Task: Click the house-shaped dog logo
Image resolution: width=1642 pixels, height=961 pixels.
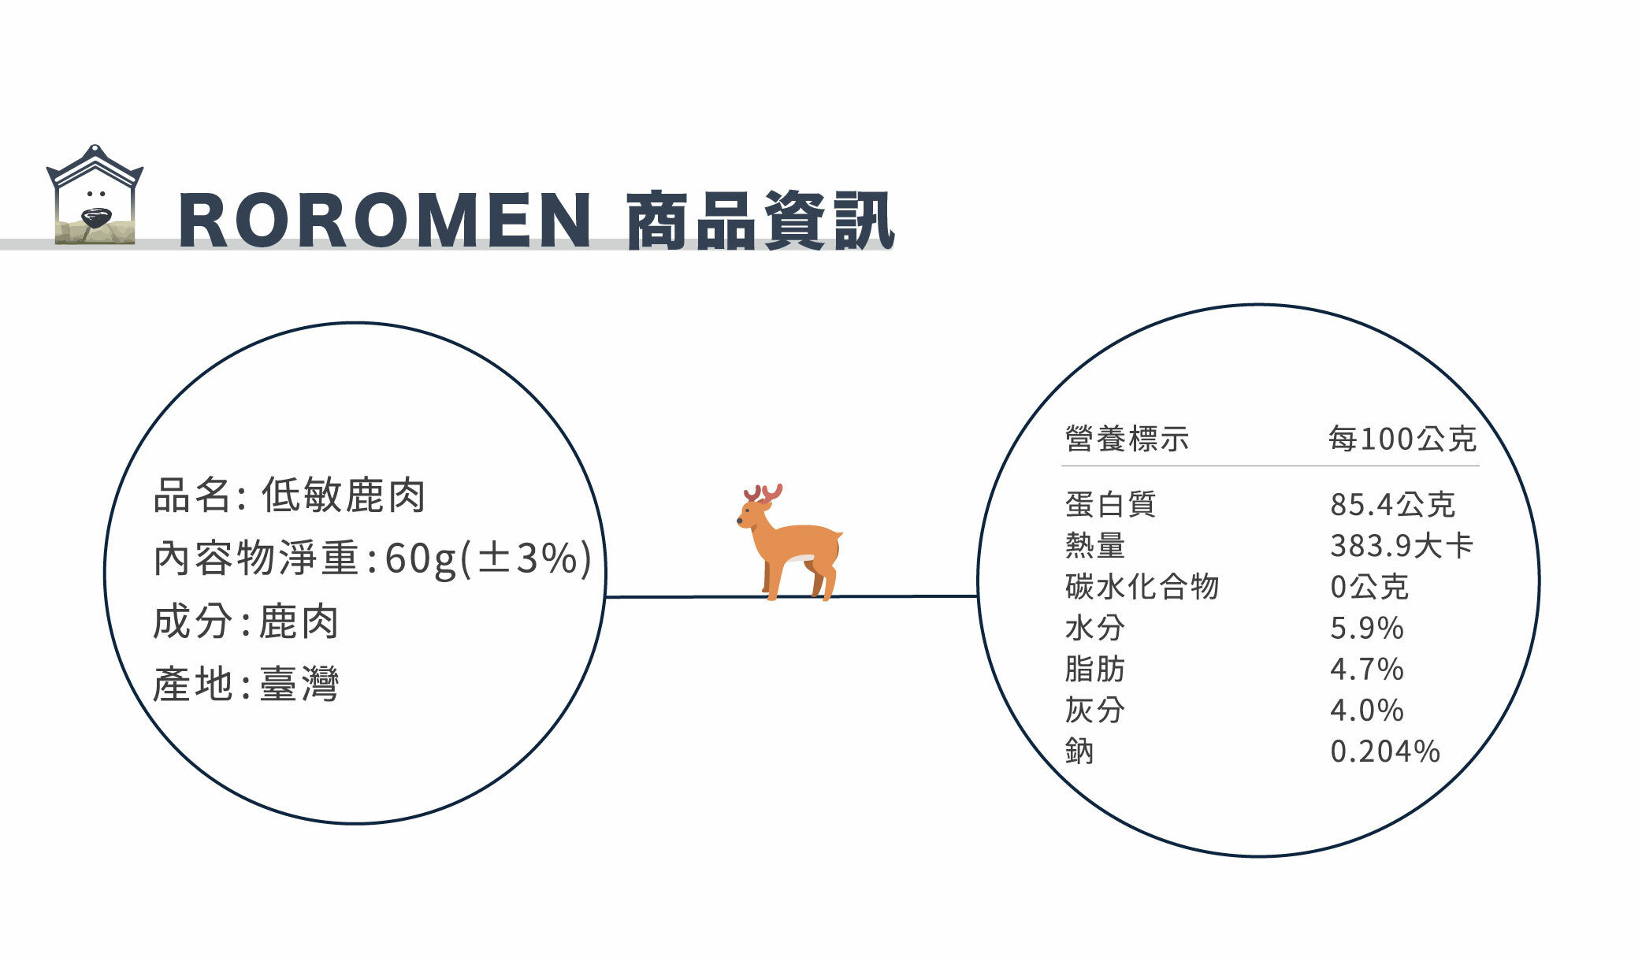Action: click(95, 195)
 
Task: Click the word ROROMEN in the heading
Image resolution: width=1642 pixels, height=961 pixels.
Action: click(385, 221)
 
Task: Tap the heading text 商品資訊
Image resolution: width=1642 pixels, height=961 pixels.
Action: click(760, 221)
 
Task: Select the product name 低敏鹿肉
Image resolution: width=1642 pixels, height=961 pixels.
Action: click(344, 495)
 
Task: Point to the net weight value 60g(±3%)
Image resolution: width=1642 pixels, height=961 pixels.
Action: click(488, 558)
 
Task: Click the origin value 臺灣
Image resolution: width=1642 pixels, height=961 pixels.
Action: click(299, 684)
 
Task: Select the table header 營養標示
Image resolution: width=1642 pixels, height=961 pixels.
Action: click(1127, 439)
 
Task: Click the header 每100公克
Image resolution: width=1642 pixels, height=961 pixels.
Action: click(1402, 439)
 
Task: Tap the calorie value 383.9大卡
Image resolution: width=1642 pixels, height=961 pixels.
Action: click(1402, 546)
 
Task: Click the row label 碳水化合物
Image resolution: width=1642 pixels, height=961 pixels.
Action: click(1142, 587)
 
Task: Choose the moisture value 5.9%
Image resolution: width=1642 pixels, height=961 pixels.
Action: click(1367, 628)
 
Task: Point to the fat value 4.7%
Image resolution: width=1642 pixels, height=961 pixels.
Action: click(1367, 669)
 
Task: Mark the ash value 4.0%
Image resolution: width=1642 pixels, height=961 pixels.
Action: click(1367, 710)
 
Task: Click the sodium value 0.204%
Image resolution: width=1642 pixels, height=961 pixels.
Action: click(1385, 751)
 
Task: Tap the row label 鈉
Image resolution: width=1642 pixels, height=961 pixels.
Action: click(1079, 751)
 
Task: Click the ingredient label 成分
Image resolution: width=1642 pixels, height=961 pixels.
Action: click(192, 621)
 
